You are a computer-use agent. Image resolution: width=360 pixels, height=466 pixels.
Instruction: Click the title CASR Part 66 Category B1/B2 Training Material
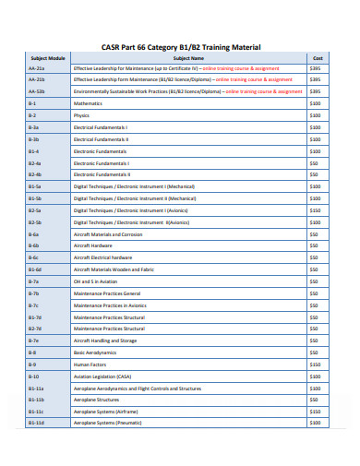coord(181,46)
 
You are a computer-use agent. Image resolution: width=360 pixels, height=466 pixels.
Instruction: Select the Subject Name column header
coord(188,57)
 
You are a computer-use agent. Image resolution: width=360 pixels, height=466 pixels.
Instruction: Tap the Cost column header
coord(317,57)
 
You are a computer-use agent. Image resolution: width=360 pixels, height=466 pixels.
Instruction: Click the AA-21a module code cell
coord(36,68)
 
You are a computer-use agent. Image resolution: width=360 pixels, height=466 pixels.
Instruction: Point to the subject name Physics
coord(82,115)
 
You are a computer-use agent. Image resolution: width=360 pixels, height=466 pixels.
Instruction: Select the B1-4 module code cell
coord(34,150)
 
